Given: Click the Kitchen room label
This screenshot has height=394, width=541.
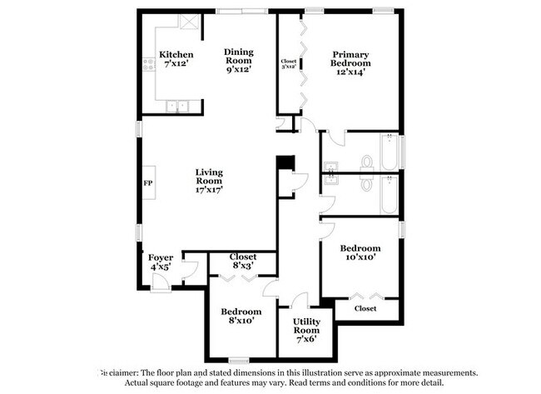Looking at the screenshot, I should click(x=176, y=55).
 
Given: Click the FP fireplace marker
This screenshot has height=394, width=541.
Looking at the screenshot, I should click(x=147, y=182).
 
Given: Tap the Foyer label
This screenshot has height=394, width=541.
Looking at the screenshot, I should click(x=161, y=257).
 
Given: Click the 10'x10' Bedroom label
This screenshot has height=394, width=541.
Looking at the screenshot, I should click(x=360, y=248).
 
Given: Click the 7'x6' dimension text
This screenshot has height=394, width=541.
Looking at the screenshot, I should click(x=300, y=339).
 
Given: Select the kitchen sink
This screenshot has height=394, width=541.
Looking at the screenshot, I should click(x=176, y=105).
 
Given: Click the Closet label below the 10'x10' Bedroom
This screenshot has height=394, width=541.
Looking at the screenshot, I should click(x=365, y=309).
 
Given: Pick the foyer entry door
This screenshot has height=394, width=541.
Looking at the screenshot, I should click(x=161, y=286).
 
